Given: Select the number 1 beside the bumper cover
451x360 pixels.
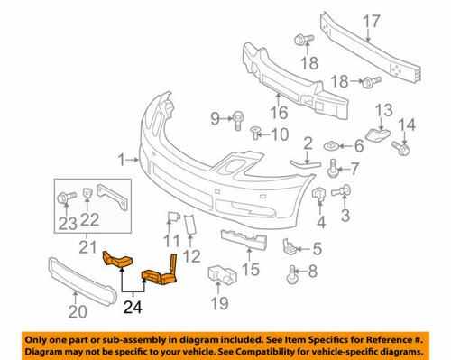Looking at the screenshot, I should click(123, 160).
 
